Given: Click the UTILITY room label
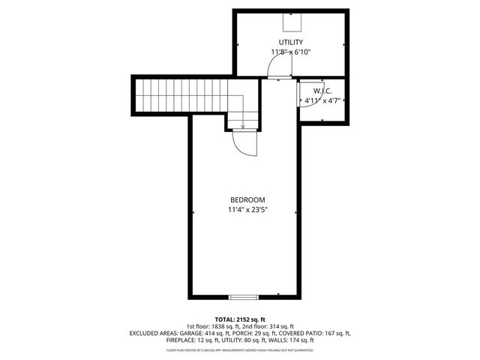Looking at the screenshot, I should pyautogui.click(x=290, y=42).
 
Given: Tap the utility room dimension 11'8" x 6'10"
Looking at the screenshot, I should pyautogui.click(x=290, y=52).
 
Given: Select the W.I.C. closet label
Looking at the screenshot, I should pyautogui.click(x=323, y=90).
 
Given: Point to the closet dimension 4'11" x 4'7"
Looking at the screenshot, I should pyautogui.click(x=322, y=100).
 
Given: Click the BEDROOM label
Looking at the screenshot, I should pyautogui.click(x=247, y=199).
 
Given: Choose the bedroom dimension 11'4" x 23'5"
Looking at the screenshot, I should pyautogui.click(x=247, y=210).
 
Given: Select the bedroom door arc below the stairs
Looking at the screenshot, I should pyautogui.click(x=246, y=142).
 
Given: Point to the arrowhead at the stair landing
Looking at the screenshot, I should pyautogui.click(x=243, y=126).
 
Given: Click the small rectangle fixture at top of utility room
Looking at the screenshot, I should pyautogui.click(x=291, y=19).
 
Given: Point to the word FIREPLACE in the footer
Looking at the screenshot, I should pyautogui.click(x=181, y=340).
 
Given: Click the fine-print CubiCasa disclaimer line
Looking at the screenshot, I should pyautogui.click(x=240, y=349).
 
